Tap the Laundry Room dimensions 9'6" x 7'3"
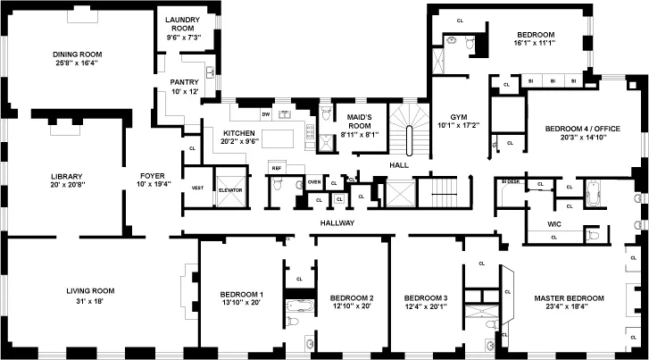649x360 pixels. tap(184, 37)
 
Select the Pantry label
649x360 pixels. tap(184, 82)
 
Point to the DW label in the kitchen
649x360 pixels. tap(265, 113)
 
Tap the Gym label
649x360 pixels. tap(458, 117)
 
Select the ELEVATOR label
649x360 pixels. tap(230, 188)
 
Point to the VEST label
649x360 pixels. tap(197, 188)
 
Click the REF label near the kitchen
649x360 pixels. tap(276, 168)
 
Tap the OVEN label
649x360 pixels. tap(314, 182)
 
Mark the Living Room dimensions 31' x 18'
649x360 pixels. tap(90, 301)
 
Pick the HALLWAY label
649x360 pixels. tap(337, 223)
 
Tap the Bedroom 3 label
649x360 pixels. tap(426, 297)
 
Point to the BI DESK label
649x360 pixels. tap(510, 181)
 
